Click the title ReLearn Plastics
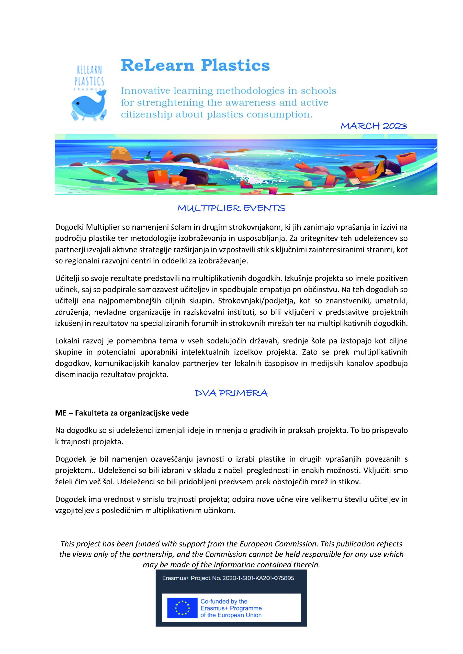click(x=195, y=65)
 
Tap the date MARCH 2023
click(x=374, y=126)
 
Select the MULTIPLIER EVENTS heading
click(x=231, y=208)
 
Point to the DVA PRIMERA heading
click(x=231, y=393)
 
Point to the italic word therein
click(x=306, y=565)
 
